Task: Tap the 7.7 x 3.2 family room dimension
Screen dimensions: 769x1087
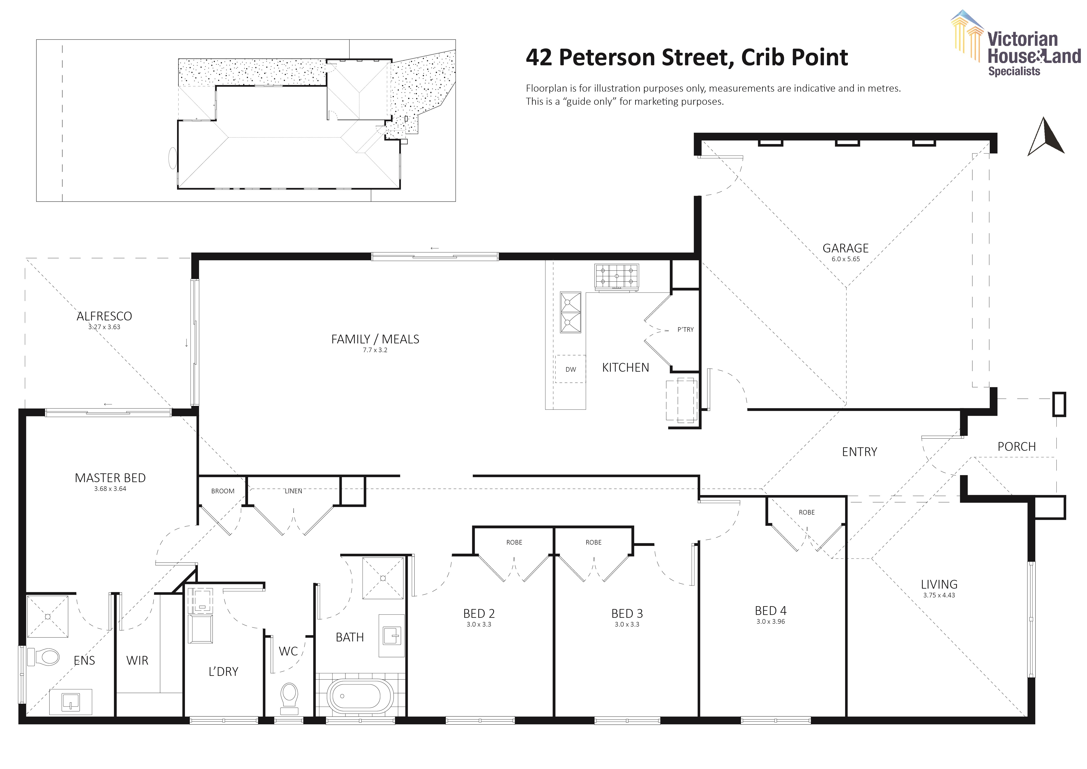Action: click(375, 350)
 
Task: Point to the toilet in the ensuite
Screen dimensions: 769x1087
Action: click(44, 657)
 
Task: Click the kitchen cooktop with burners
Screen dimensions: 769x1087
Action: click(616, 276)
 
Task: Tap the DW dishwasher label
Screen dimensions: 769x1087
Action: click(571, 369)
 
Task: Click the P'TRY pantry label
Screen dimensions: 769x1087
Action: click(685, 330)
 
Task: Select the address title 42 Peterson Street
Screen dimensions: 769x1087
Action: click(686, 57)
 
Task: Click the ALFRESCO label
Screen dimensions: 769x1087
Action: click(104, 316)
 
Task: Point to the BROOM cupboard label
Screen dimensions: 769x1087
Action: click(223, 491)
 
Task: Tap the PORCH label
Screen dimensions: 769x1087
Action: click(1016, 447)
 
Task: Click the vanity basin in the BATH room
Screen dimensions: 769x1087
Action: click(392, 636)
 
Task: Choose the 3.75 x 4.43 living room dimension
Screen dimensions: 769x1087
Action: click(939, 595)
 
